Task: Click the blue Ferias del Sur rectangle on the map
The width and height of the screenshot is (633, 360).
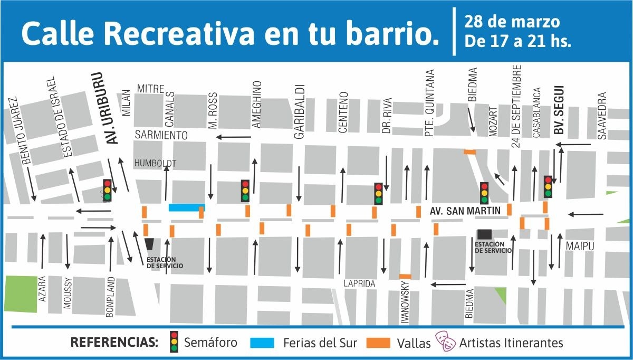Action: tap(187, 207)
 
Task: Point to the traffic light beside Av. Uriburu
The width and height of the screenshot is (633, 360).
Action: tap(107, 190)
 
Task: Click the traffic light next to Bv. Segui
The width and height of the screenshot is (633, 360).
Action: tap(548, 186)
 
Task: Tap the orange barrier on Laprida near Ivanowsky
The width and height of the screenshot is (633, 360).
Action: tap(405, 276)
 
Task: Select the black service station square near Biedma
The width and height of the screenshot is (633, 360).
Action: tap(484, 234)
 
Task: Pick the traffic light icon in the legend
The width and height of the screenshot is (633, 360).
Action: tap(174, 342)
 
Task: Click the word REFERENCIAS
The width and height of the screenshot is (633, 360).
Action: tap(114, 342)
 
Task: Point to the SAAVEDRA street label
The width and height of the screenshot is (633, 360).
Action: tap(602, 116)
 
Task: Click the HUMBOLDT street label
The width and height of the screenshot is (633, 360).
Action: tap(155, 163)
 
